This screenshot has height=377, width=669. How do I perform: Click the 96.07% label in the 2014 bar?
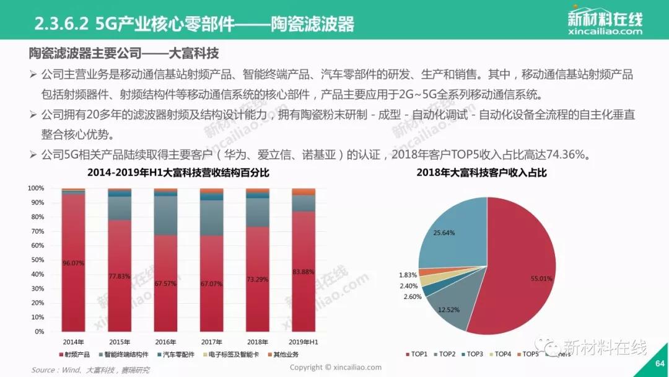pyautogui.click(x=73, y=263)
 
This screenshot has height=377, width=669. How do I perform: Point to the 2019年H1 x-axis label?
pyautogui.click(x=304, y=342)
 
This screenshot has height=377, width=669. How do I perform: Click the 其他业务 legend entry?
pyautogui.click(x=286, y=355)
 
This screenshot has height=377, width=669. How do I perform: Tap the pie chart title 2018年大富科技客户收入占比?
pyautogui.click(x=481, y=172)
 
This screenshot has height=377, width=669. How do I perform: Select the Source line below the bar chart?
pyautogui.click(x=90, y=370)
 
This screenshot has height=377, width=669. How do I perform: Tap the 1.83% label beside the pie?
pyautogui.click(x=408, y=275)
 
